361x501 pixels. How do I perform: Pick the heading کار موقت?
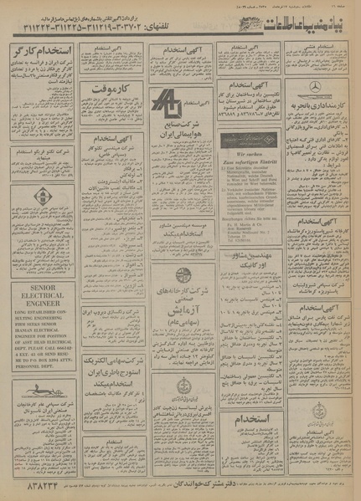(x=111, y=87)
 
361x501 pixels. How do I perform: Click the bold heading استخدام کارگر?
(x=43, y=53)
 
